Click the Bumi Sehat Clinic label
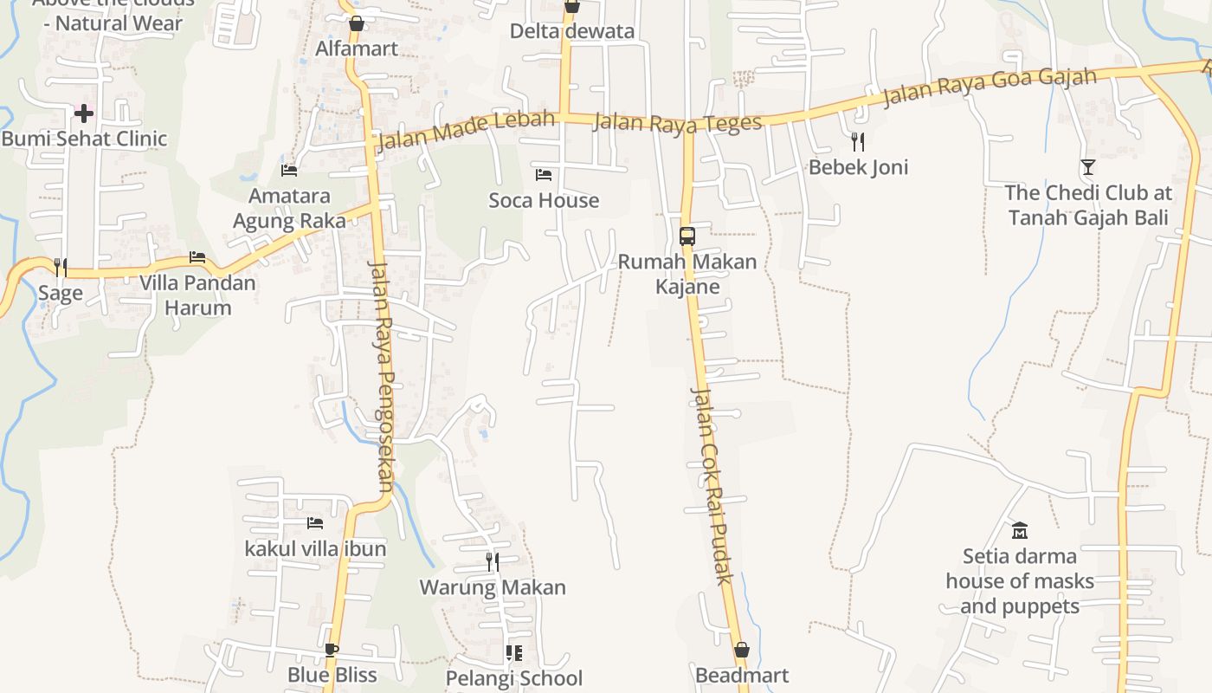(x=84, y=139)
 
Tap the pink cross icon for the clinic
(x=84, y=113)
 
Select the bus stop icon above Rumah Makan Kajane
(x=687, y=236)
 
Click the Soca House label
(x=544, y=200)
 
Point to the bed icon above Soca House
(x=544, y=175)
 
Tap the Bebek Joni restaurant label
(x=858, y=167)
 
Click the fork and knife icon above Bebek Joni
(x=858, y=141)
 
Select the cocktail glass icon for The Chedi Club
(x=1088, y=167)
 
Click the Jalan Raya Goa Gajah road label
(x=990, y=87)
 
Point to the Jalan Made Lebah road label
(x=466, y=130)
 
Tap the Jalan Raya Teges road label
(x=677, y=123)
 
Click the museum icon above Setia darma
(x=1020, y=530)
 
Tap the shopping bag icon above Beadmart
(x=742, y=650)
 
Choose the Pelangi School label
(x=514, y=677)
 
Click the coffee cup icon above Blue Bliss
(x=332, y=650)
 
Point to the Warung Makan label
(x=493, y=587)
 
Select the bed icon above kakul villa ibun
(x=315, y=523)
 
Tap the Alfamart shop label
(x=357, y=49)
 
